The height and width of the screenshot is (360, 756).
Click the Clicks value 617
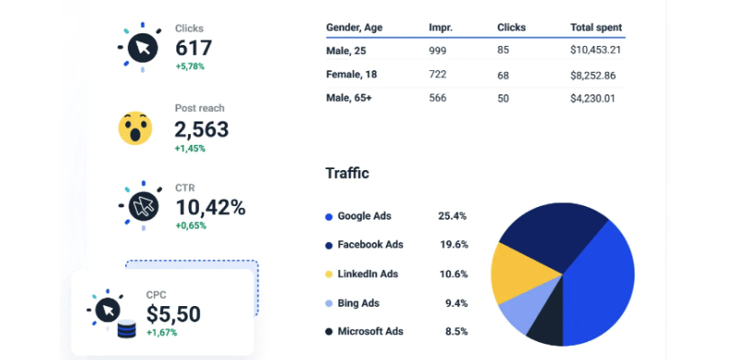pyautogui.click(x=194, y=49)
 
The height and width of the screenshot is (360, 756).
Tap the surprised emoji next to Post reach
pyautogui.click(x=136, y=129)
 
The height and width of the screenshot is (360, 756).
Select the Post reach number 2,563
pyautogui.click(x=202, y=130)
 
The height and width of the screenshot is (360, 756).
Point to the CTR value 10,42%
pyautogui.click(x=210, y=207)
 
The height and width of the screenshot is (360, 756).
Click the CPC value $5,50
pyautogui.click(x=174, y=314)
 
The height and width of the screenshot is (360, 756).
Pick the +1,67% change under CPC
pyautogui.click(x=162, y=333)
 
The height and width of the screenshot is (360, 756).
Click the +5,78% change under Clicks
pyautogui.click(x=191, y=67)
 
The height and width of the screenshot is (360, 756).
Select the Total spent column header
pyautogui.click(x=596, y=28)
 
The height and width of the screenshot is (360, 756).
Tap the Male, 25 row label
pyautogui.click(x=346, y=49)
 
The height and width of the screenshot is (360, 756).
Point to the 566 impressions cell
pyautogui.click(x=437, y=98)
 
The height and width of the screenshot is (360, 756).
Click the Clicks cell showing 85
pyautogui.click(x=503, y=49)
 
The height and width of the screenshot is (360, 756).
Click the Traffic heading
pyautogui.click(x=347, y=173)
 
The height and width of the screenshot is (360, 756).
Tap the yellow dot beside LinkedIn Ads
pyautogui.click(x=328, y=274)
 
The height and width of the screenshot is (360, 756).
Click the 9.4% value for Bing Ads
pyautogui.click(x=456, y=303)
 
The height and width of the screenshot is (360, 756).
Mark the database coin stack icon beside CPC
pyautogui.click(x=127, y=329)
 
